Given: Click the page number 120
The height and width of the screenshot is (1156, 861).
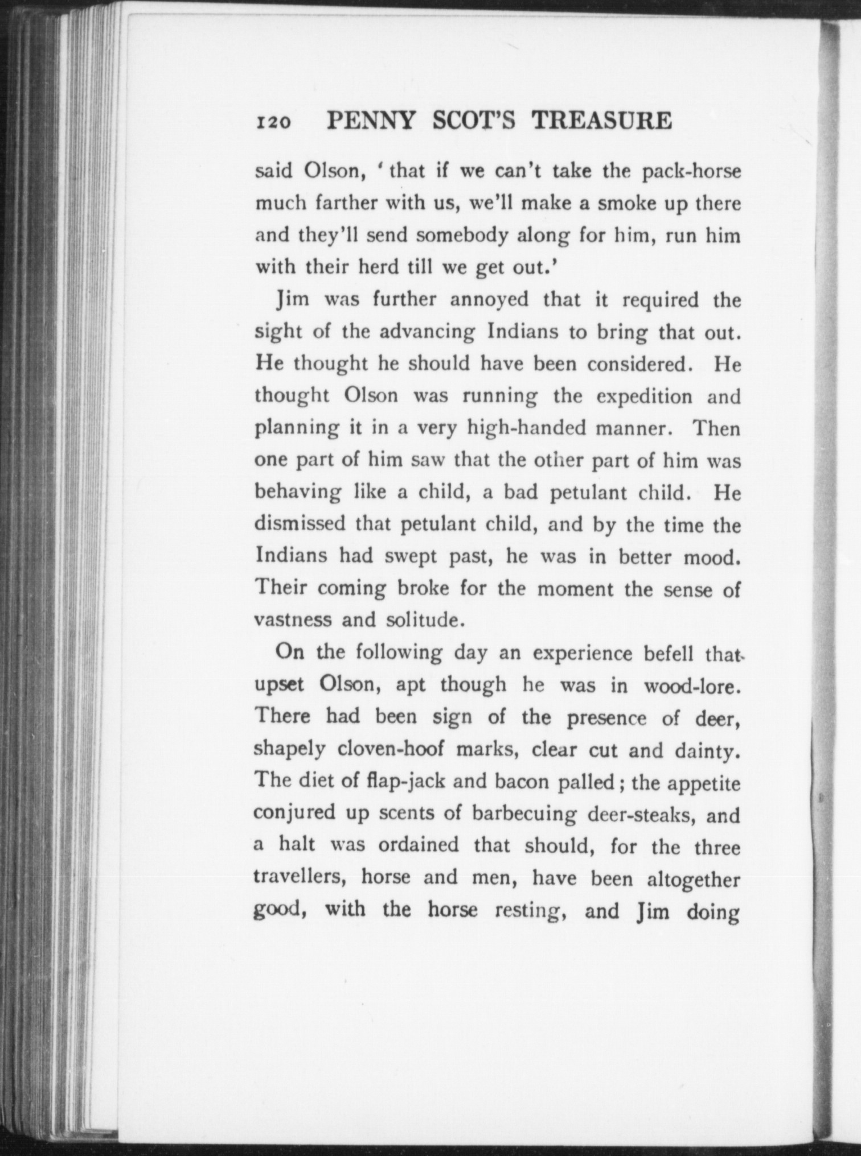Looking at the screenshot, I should point(274,122).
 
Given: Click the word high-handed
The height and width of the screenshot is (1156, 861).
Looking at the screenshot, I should point(526,429).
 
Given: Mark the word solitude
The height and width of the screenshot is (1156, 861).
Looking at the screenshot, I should point(421,620).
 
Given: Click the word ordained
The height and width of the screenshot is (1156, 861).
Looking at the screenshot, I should point(419,845).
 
